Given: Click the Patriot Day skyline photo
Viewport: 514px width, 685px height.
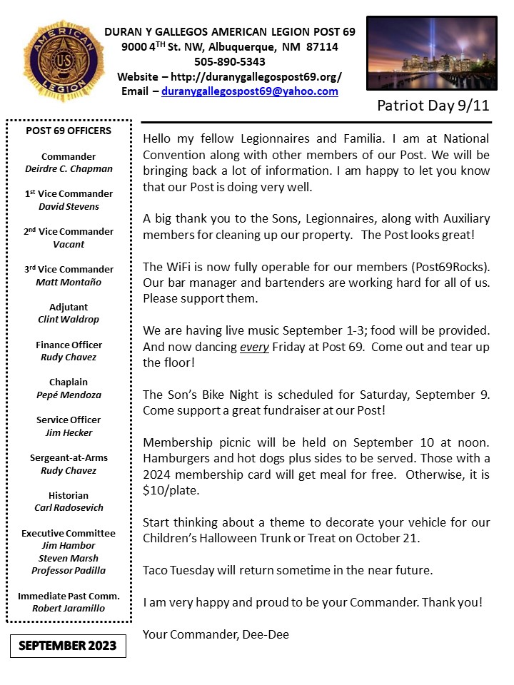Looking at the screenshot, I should [x=431, y=54].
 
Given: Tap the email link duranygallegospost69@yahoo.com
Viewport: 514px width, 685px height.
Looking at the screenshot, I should [x=249, y=91].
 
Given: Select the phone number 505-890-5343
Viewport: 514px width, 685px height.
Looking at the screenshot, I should [x=229, y=61].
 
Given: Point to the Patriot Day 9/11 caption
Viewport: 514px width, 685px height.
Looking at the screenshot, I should [x=433, y=106].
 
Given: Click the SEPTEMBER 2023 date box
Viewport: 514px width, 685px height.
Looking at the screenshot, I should [x=68, y=646].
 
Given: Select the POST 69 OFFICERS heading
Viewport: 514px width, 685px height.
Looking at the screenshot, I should [x=69, y=131].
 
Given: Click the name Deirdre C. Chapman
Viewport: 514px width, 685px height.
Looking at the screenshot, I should [x=69, y=169].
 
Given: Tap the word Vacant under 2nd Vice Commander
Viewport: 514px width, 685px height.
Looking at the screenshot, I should [x=69, y=244].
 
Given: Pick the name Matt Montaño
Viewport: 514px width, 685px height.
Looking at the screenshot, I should [x=69, y=282].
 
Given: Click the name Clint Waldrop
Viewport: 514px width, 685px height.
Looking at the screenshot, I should [x=69, y=320].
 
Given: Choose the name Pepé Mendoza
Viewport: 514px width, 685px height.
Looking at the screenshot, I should [x=69, y=395].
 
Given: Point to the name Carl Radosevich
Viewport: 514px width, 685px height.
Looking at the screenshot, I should [x=69, y=508].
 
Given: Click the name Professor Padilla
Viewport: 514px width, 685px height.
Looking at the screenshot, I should [x=69, y=571].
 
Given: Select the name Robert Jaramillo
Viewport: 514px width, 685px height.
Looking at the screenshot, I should [x=69, y=609].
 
